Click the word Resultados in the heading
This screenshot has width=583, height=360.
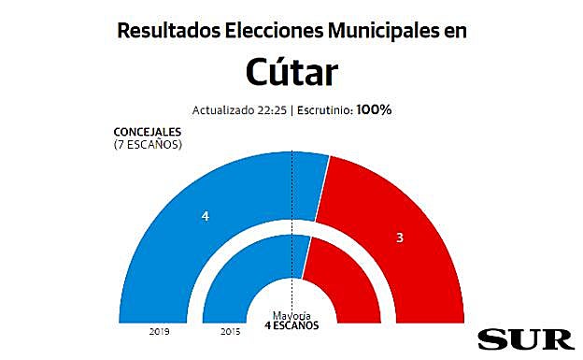[167, 31]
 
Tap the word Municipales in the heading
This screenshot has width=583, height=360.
[381, 31]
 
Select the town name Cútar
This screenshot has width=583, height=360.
[291, 72]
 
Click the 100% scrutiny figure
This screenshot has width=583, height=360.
[374, 109]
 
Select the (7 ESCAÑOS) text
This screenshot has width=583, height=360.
[147, 144]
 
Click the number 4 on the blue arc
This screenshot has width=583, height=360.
[205, 216]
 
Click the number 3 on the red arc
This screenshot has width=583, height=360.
[399, 238]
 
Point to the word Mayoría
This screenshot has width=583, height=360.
[291, 314]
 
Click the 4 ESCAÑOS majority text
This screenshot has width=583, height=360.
[291, 324]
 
